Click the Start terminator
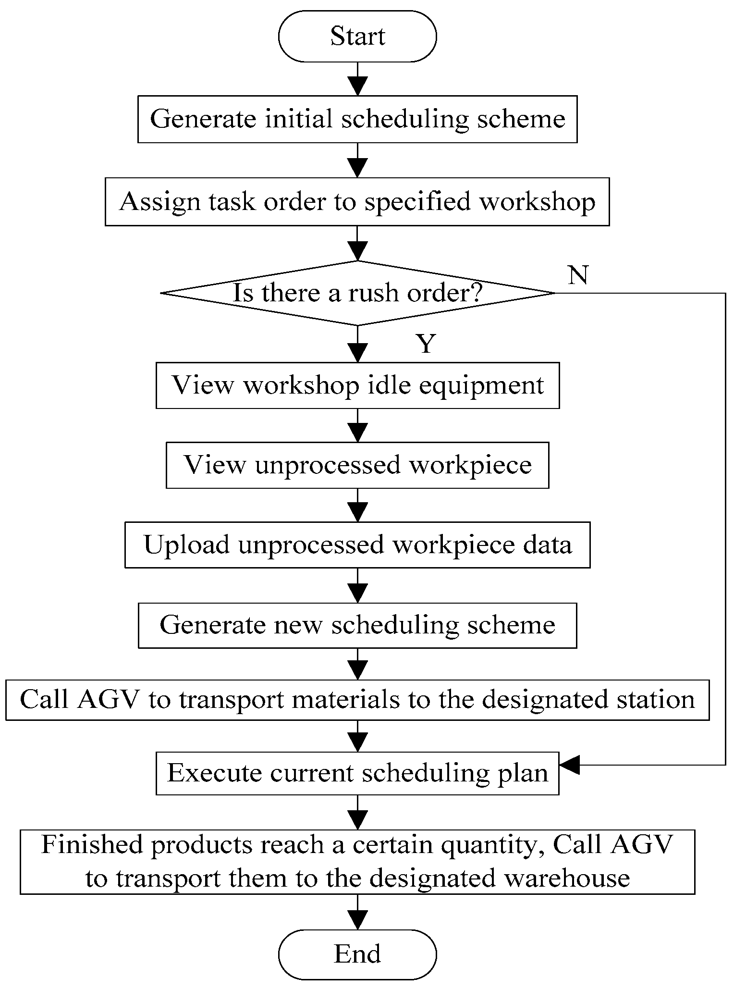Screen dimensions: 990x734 [x=357, y=37]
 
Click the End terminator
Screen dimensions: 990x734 [x=357, y=954]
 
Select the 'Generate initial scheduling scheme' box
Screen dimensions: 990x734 [x=357, y=119]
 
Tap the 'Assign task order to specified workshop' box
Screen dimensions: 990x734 [x=357, y=201]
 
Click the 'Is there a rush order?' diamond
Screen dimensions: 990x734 [x=357, y=293]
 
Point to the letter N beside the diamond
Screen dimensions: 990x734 [x=577, y=275]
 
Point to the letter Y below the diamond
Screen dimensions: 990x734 [x=426, y=344]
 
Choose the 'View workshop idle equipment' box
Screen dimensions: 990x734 [x=357, y=385]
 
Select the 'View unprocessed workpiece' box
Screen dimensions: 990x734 [x=357, y=465]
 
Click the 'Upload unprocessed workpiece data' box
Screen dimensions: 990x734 [x=357, y=545]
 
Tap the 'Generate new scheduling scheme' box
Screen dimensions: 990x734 [x=357, y=625]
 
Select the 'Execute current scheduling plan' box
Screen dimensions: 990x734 [x=357, y=773]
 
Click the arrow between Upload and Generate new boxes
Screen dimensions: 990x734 [x=357, y=586]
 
